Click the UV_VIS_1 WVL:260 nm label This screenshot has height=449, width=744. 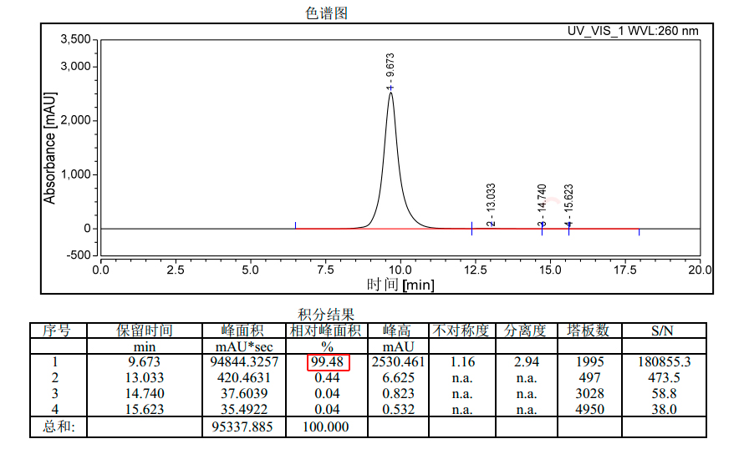(633, 31)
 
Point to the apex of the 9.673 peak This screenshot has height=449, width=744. (390, 93)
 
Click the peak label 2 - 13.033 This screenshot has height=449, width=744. (492, 204)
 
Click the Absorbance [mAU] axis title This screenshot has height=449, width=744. (50, 147)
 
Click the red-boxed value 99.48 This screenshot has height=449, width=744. (328, 362)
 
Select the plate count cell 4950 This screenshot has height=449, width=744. (590, 410)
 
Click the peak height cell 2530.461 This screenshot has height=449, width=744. (397, 362)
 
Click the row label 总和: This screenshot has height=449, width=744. (59, 427)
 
